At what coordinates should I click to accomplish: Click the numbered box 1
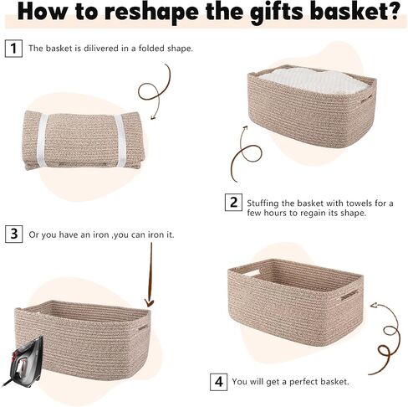13,49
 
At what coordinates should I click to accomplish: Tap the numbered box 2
233,202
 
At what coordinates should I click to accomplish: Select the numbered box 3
14,234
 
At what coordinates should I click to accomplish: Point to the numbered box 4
219,382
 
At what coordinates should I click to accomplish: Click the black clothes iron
23,359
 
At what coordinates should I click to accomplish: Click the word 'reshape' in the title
152,12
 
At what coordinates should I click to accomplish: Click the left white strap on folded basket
42,140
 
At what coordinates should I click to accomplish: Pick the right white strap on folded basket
120,140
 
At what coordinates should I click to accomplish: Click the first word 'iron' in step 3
100,234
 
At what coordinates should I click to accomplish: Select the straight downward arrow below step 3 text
150,275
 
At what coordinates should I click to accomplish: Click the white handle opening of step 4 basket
252,273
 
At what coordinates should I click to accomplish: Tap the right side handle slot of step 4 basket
349,295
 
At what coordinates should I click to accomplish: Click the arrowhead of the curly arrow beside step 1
153,117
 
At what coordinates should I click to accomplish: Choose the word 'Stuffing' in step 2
263,203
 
